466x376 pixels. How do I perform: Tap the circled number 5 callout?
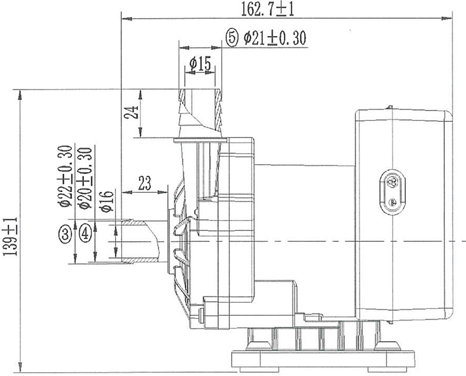click(x=232, y=39)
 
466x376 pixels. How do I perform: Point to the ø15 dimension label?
click(x=199, y=63)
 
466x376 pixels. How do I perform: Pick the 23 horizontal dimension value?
click(x=144, y=183)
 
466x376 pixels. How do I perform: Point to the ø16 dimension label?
click(x=105, y=200)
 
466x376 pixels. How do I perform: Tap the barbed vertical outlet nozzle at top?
click(x=200, y=112)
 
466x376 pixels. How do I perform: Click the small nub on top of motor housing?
click(x=389, y=108)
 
